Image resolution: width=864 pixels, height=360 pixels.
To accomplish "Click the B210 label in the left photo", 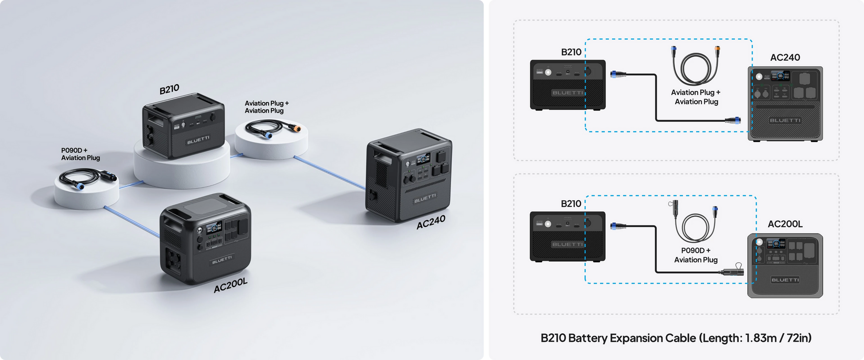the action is coord(170,89).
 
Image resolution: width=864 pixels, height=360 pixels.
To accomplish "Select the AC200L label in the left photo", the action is coord(230,285).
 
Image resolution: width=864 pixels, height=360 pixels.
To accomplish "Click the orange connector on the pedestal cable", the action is coord(295,129).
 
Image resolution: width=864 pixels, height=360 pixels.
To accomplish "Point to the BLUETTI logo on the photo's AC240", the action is coord(425,198).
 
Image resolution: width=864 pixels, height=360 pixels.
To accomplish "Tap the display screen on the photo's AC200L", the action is coord(214,228).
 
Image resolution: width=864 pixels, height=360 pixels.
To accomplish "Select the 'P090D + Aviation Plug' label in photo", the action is coord(80,154).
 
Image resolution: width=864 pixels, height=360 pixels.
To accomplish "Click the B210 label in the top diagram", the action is coord(571,52).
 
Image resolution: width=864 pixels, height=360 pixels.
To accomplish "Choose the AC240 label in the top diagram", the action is coord(785,57).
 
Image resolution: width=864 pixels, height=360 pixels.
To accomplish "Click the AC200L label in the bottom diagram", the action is coord(785,224).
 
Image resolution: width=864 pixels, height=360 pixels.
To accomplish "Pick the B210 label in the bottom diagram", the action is coord(571,204).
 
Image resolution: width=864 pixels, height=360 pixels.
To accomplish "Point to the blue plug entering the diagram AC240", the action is coord(733,120).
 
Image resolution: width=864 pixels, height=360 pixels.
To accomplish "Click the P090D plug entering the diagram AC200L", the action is coord(731,271).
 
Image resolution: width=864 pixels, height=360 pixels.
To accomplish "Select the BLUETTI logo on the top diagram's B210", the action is coord(568,93).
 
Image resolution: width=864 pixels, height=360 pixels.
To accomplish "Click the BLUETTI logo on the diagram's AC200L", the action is coord(785,280).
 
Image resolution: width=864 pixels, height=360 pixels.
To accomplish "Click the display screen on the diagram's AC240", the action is coord(780,76).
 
